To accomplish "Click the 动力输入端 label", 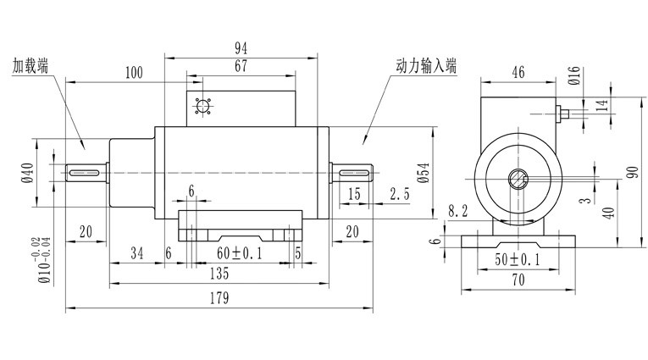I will point(425,65).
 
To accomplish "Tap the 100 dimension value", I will point(133,73).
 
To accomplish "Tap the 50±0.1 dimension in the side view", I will point(518,259).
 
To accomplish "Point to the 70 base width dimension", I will point(518,278).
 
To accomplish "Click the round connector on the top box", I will point(202,108).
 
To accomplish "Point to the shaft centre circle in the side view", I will point(518,179).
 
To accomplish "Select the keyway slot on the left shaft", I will point(85,173).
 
